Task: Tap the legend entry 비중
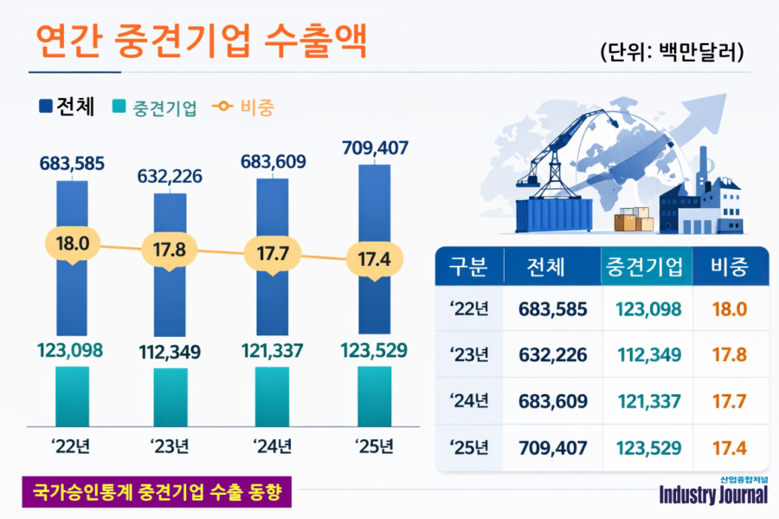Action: coord(254,107)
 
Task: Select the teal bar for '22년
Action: coord(72,394)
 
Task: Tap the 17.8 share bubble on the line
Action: coord(170,251)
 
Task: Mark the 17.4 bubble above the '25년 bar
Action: coord(374,259)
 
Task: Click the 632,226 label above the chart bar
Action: coord(170,177)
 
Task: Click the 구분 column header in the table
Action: coord(468,267)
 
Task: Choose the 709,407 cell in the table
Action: coord(553,449)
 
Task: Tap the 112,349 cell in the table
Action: coord(648,355)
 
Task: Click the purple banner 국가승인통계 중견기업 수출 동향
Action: coord(156,493)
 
